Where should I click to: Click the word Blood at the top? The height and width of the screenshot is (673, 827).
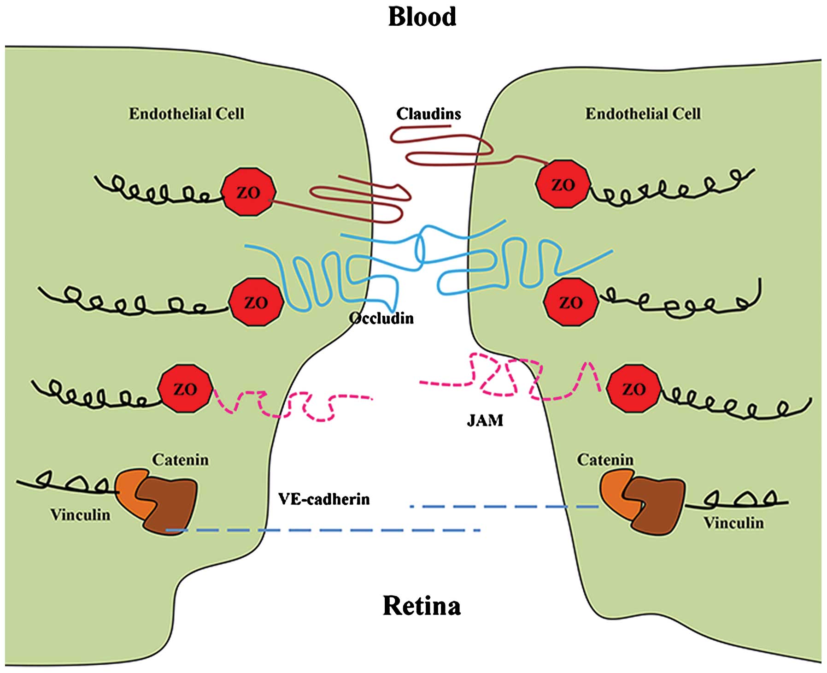click(x=422, y=17)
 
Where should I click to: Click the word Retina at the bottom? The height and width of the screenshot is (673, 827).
click(x=421, y=606)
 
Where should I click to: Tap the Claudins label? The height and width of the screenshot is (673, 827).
click(x=428, y=114)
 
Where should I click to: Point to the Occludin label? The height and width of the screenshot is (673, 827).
click(x=381, y=318)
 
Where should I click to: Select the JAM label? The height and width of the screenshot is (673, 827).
click(x=485, y=420)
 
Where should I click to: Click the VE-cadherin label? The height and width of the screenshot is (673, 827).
click(x=323, y=499)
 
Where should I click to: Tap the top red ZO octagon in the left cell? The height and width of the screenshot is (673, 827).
click(x=248, y=192)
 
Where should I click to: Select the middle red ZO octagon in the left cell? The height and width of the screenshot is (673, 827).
click(x=256, y=302)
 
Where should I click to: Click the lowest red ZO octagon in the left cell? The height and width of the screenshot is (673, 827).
click(x=185, y=389)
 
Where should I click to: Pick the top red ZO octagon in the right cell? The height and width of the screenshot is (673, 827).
click(x=563, y=184)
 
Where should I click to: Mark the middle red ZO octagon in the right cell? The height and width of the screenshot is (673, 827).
click(x=570, y=302)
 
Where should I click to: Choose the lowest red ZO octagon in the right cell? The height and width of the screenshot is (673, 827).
click(x=633, y=389)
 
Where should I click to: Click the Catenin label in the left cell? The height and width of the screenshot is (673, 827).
click(x=180, y=460)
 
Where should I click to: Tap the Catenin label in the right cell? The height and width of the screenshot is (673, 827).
click(x=605, y=460)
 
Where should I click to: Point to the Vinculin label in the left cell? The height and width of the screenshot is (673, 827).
click(x=80, y=514)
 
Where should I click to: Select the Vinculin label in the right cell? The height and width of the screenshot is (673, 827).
click(x=733, y=523)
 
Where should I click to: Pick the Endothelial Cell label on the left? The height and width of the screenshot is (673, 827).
click(x=186, y=114)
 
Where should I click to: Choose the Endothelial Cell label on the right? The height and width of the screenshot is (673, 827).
click(x=643, y=114)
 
